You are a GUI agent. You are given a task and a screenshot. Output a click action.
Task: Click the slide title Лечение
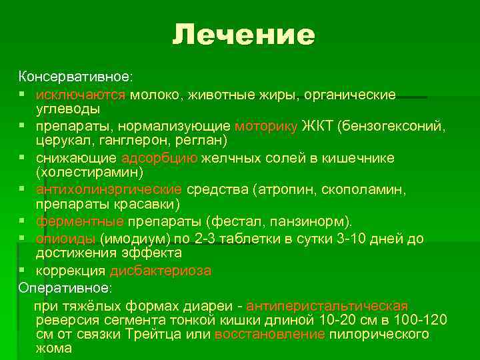coord(243,35)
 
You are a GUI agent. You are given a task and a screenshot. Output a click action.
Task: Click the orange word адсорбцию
coord(159,158)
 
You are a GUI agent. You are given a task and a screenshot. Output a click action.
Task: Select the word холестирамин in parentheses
coord(89,173)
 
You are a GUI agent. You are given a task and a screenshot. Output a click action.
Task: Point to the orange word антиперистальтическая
coord(327,306)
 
